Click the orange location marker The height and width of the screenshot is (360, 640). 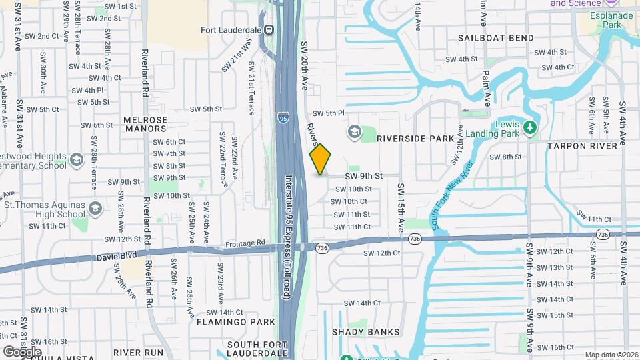pyautogui.click(x=320, y=159)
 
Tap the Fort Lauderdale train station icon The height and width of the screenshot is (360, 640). pyautogui.click(x=269, y=29)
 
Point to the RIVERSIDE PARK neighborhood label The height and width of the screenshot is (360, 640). pyautogui.click(x=415, y=139)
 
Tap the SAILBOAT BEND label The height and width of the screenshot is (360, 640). pyautogui.click(x=496, y=38)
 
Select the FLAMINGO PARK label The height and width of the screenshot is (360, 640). pyautogui.click(x=236, y=322)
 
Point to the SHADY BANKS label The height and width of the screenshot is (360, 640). pyautogui.click(x=366, y=332)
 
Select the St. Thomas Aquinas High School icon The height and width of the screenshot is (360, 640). pyautogui.click(x=95, y=209)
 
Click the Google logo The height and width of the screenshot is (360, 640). pyautogui.click(x=23, y=351)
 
